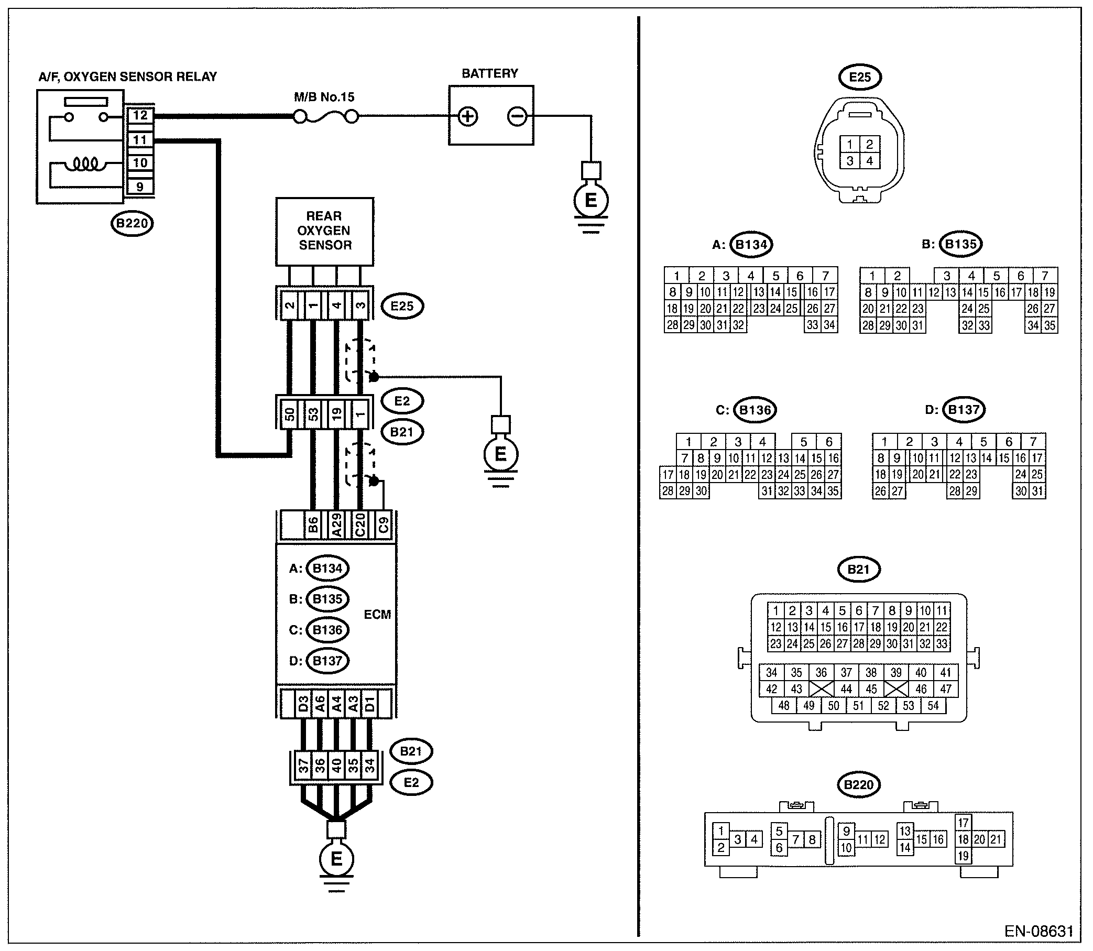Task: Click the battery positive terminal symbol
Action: [467, 116]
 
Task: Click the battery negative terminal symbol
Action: [517, 116]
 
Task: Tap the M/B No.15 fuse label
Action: [324, 97]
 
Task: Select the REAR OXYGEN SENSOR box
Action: [325, 232]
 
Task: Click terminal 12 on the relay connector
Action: [140, 115]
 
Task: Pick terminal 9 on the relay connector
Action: [140, 187]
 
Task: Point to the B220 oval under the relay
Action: [132, 223]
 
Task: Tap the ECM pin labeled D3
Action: [303, 704]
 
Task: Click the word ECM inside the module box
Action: [377, 615]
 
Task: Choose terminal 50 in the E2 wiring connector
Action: [290, 413]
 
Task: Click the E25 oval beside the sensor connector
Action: [402, 306]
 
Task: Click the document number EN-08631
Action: [1039, 932]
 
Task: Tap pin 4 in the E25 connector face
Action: [869, 161]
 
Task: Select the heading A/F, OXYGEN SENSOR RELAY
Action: [127, 77]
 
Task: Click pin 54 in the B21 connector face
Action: [933, 706]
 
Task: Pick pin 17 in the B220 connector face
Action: [964, 823]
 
